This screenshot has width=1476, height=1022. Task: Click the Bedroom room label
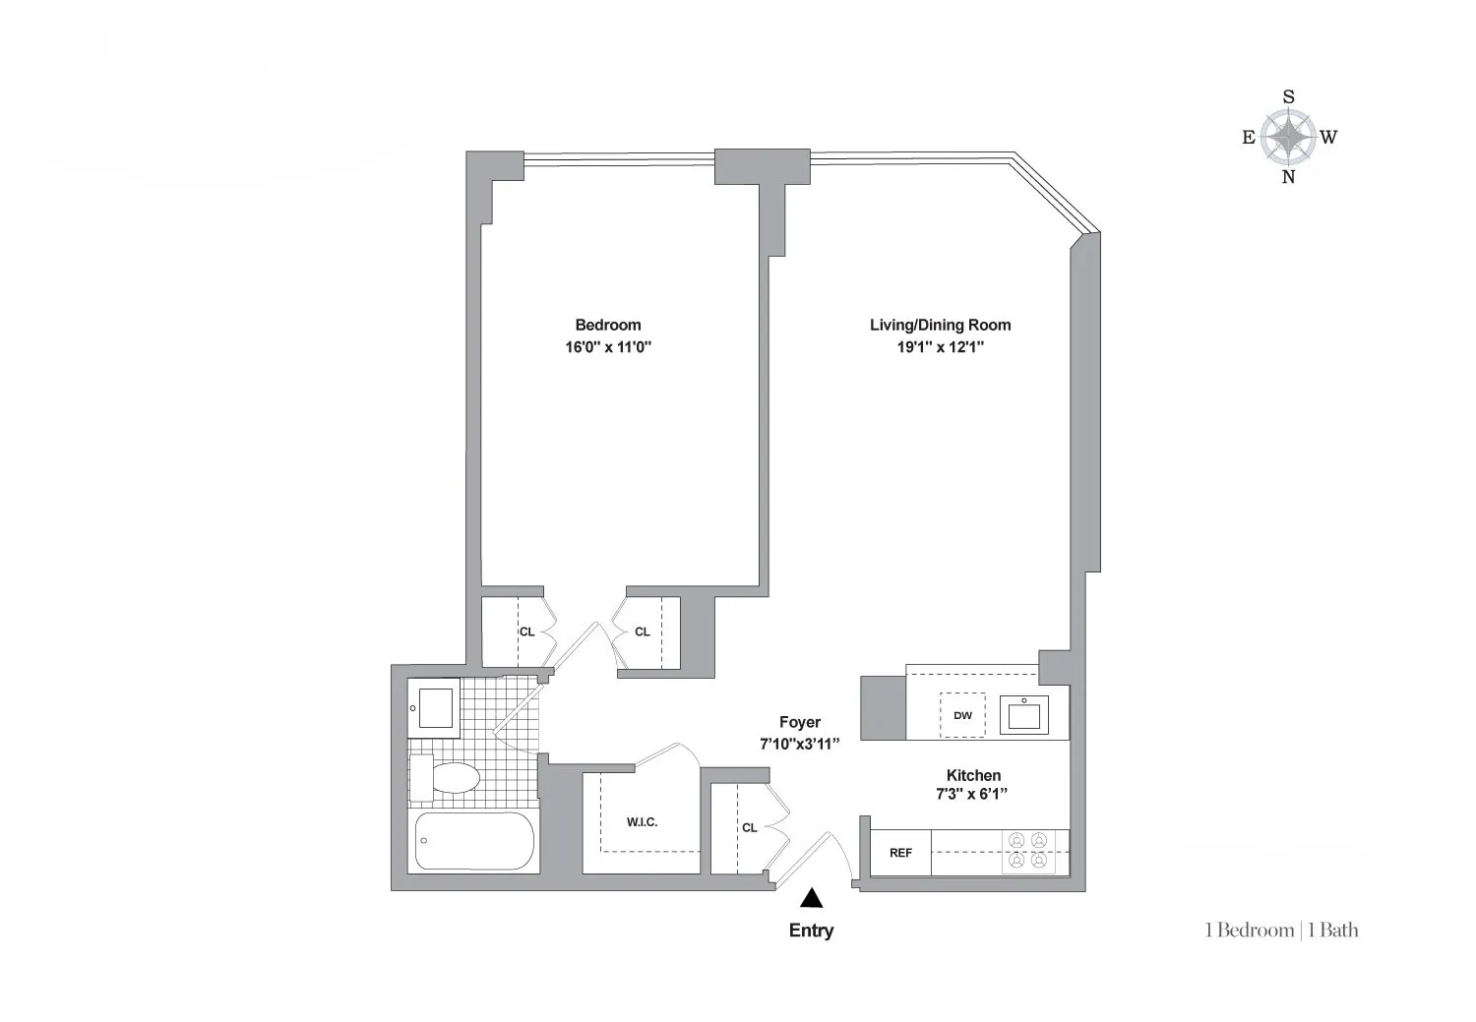607,325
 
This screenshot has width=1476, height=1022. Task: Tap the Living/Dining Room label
940,325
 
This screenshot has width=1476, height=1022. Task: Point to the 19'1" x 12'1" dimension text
940,347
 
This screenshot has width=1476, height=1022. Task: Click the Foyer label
799,722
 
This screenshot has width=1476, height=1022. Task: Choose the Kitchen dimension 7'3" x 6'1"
973,795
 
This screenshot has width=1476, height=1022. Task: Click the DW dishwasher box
962,715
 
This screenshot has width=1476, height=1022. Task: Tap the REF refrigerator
900,853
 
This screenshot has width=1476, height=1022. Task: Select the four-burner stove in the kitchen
1028,852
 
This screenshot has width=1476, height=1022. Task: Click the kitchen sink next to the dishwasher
1024,714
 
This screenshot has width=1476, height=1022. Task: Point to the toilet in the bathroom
445,779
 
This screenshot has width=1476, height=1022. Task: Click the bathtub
474,841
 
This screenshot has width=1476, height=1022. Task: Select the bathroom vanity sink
435,707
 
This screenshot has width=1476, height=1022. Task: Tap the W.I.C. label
642,822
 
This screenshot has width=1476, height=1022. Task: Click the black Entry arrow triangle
811,897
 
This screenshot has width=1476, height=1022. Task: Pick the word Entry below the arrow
811,931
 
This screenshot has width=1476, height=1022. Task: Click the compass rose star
1288,137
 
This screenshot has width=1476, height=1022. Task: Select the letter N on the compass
1288,178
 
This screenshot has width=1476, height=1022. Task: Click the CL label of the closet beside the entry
750,827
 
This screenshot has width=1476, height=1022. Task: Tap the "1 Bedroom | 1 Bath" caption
1281,931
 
